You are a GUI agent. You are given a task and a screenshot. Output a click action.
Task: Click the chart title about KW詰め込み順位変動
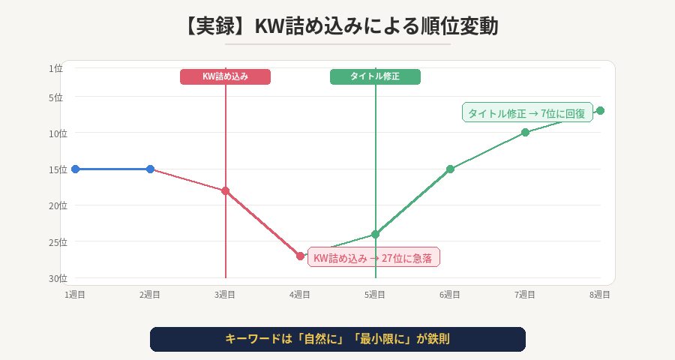[337, 25]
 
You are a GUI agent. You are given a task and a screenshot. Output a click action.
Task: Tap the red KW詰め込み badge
[225, 76]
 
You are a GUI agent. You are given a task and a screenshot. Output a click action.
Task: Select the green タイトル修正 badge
[375, 76]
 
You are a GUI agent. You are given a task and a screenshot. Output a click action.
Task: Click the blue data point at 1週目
[75, 169]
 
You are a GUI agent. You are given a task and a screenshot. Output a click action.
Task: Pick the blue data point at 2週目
[150, 169]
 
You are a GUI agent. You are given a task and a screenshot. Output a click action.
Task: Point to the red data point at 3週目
[225, 190]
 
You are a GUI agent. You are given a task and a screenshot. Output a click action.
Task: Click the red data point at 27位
[300, 256]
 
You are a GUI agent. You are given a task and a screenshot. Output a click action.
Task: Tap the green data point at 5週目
[375, 234]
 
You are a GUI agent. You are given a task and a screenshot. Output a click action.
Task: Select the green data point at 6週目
[450, 169]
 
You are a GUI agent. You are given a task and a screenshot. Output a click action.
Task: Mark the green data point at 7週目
[525, 132]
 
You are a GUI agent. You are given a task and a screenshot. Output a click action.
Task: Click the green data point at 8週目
[600, 110]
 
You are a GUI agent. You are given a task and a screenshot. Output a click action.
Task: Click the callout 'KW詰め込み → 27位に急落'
[373, 257]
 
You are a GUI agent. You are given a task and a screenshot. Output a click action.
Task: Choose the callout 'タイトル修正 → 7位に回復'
[527, 112]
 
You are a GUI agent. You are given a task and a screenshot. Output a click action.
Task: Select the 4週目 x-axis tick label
[300, 295]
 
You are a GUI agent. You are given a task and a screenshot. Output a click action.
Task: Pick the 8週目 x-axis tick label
[600, 295]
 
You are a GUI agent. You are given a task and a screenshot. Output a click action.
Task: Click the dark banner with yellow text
[337, 339]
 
